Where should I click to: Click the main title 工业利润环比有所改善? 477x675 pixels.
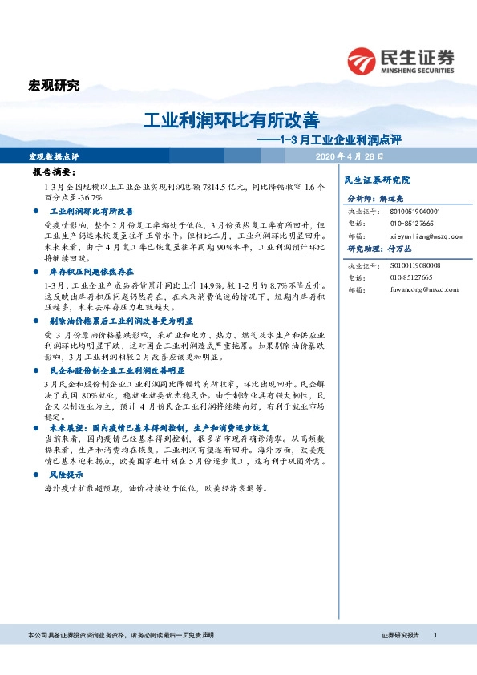point(231,120)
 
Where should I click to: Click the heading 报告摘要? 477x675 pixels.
point(54,172)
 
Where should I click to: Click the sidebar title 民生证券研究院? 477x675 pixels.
point(376,180)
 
